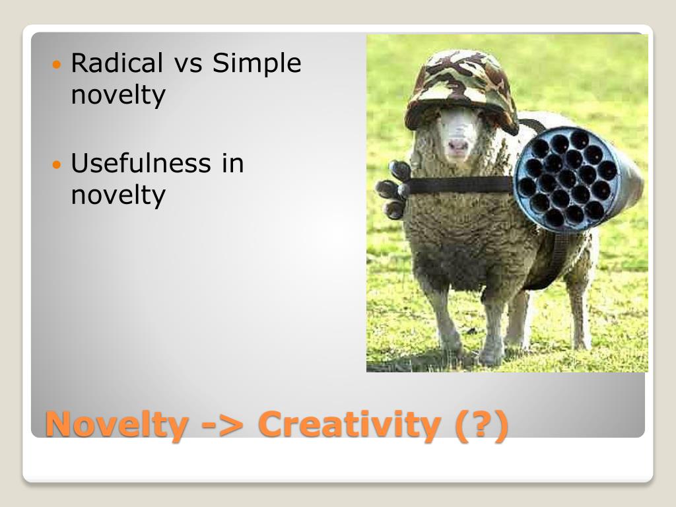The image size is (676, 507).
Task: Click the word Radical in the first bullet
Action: pos(116,63)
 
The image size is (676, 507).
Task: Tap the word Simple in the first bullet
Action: pos(257,63)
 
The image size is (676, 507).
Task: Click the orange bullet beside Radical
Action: pos(56,65)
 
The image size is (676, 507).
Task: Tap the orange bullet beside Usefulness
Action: pos(56,164)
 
